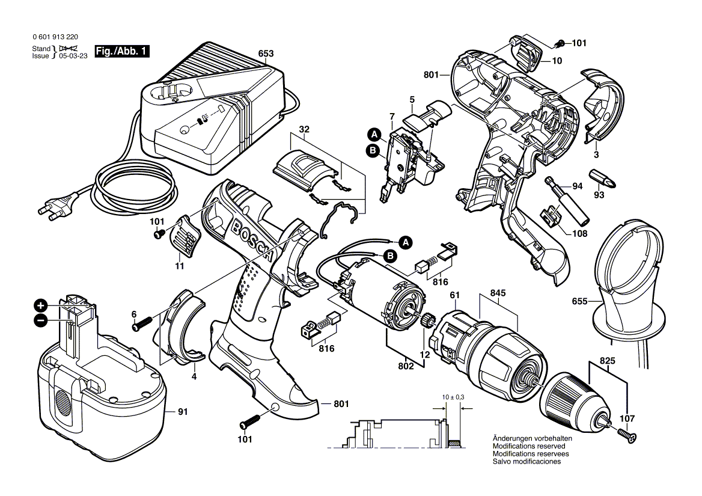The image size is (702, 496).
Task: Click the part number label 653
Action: (266, 54)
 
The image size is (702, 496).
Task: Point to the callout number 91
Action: (183, 412)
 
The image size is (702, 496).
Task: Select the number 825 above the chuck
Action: (608, 363)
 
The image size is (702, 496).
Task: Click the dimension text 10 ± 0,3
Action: (452, 398)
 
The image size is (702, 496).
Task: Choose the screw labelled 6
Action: (142, 324)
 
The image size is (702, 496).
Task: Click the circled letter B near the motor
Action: (389, 257)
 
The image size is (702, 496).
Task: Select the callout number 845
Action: (498, 293)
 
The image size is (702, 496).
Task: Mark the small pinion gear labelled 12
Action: (428, 321)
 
